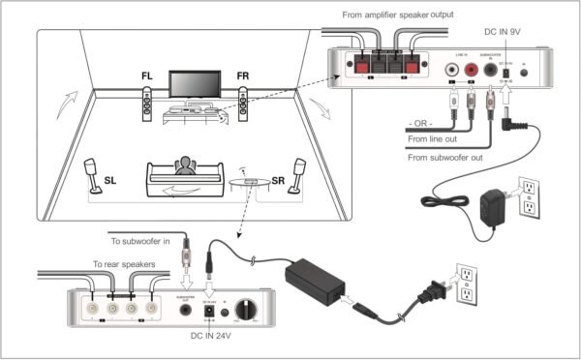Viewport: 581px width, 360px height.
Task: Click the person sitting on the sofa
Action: coord(184,167)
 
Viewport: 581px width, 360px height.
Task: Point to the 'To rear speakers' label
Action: coord(129,263)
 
